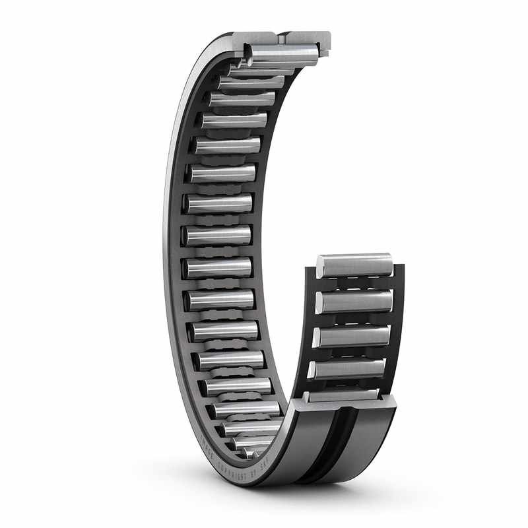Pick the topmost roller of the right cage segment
click(x=354, y=265)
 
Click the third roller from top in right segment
click(x=351, y=336)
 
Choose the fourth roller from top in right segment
click(x=347, y=369)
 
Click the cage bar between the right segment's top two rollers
click(x=356, y=284)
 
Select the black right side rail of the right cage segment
click(x=397, y=317)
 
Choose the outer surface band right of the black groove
click(x=366, y=442)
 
